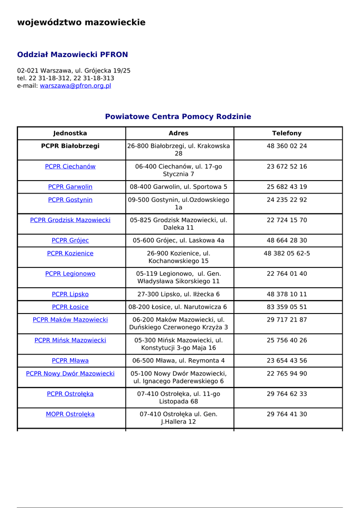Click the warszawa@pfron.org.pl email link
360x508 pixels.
[x=75, y=86]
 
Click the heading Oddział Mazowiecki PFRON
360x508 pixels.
[x=72, y=55]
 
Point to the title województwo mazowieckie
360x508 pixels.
[x=81, y=22]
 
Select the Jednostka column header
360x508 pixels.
[x=70, y=133]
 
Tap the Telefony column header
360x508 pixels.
[x=287, y=133]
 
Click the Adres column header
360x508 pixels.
[x=179, y=133]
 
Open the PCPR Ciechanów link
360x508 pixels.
[x=70, y=167]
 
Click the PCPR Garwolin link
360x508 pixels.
[x=70, y=187]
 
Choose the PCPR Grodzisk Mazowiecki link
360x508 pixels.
[x=70, y=220]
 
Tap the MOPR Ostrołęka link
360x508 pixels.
[x=70, y=414]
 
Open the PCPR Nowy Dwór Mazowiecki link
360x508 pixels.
[x=70, y=374]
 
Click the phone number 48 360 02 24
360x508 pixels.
[x=287, y=146]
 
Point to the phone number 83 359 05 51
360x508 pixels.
[x=287, y=307]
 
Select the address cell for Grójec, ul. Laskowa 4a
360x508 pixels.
[x=179, y=241]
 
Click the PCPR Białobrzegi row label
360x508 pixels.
[x=70, y=146]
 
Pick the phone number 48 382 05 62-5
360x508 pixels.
[x=287, y=254]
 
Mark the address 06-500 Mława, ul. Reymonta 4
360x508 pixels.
[x=179, y=361]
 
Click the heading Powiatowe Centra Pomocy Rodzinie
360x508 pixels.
[x=178, y=117]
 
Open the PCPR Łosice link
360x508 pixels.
[x=70, y=307]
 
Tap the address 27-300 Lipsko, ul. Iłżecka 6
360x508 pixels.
[x=179, y=294]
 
